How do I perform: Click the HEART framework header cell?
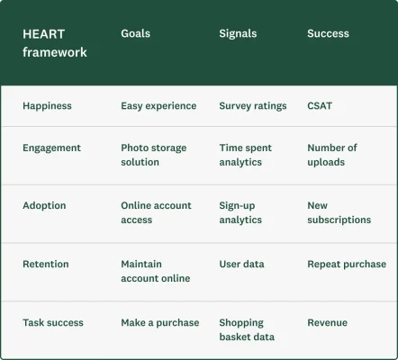coord(55,42)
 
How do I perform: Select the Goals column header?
coord(136,33)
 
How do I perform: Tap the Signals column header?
coord(238,33)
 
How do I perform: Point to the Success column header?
coord(328,33)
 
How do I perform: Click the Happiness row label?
coord(47,105)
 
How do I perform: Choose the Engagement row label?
coord(51,148)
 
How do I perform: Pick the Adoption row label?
coord(44,205)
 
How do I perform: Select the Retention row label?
coord(45,264)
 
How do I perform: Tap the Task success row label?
coord(52,322)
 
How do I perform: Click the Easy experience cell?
coord(158,105)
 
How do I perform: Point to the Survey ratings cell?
coord(253,105)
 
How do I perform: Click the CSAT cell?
coord(320,105)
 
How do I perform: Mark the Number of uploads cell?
coord(332,155)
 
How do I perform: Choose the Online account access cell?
coord(156,212)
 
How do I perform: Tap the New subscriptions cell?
coord(339,212)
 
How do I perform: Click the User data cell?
coord(242,264)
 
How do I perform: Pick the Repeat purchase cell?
coord(347,264)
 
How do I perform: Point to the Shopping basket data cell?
coord(247,329)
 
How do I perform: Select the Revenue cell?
coord(327,322)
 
